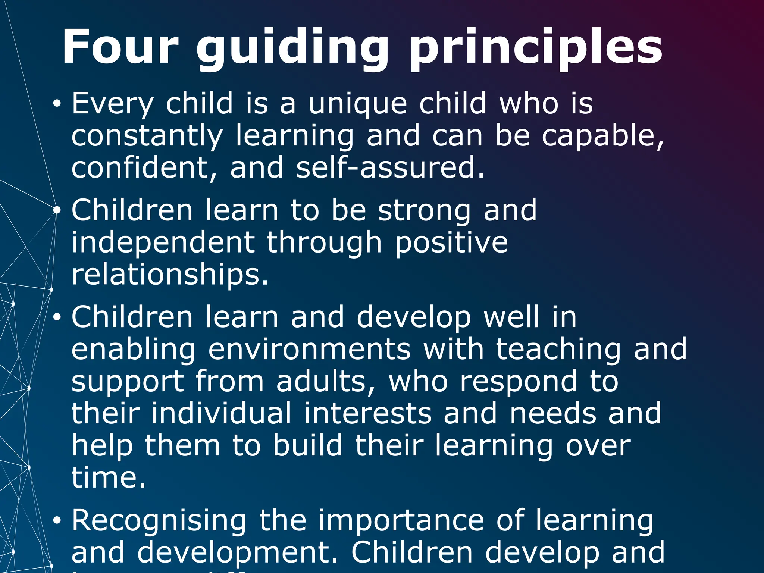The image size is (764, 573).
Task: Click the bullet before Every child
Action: point(56,104)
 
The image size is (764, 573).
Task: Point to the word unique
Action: point(357,104)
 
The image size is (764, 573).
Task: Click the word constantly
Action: point(147,136)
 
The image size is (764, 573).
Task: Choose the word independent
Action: point(163,243)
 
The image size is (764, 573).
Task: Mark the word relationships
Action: point(169,275)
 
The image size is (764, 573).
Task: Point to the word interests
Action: point(367,414)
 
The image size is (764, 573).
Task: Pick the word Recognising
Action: point(159,521)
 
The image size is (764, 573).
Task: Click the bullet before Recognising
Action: point(56,521)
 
